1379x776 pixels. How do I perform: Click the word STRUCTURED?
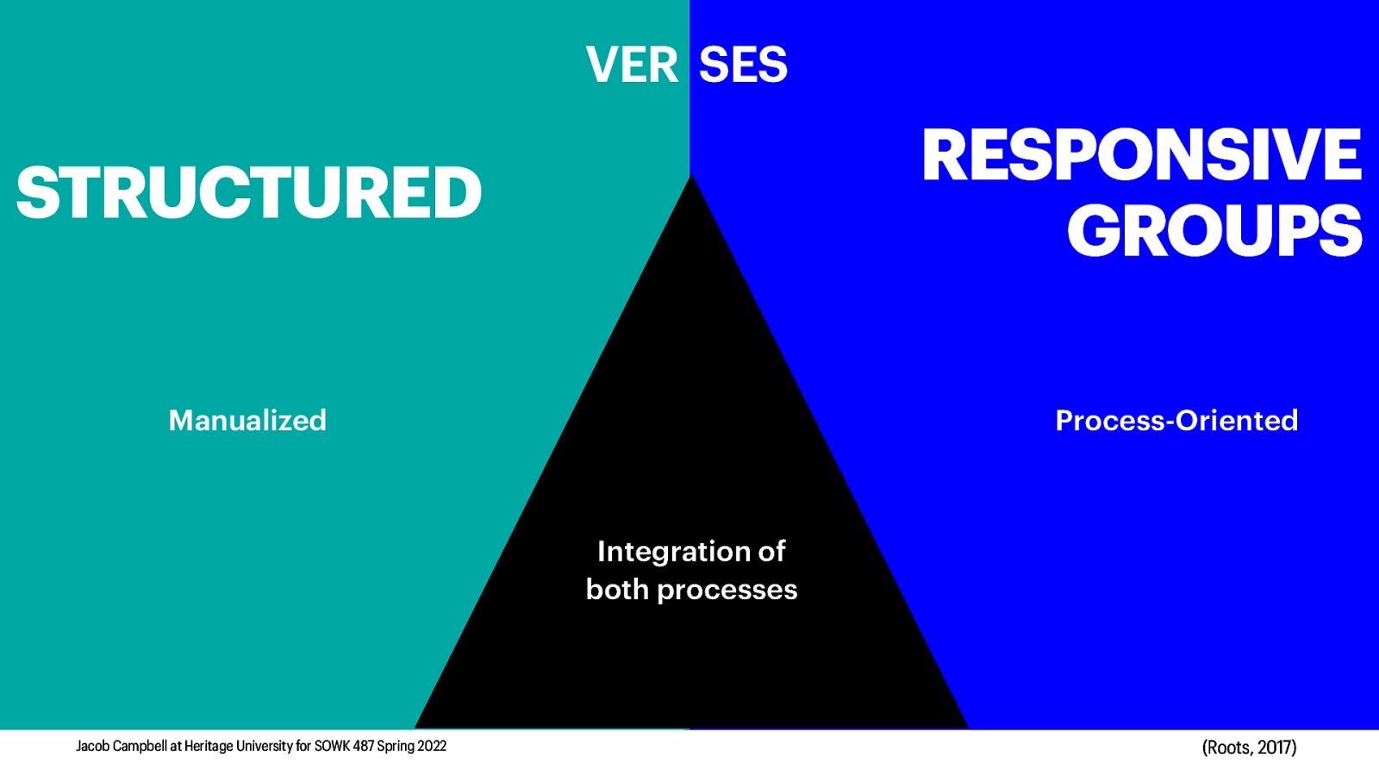[248, 192]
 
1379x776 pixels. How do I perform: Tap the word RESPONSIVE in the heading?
[1141, 155]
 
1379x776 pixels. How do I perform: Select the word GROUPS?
[1214, 231]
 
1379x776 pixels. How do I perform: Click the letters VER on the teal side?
[632, 66]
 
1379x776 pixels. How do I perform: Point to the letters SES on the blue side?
[743, 66]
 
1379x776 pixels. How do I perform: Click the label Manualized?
[247, 421]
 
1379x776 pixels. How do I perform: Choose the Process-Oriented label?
[1176, 421]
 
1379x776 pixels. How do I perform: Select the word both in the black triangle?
[617, 590]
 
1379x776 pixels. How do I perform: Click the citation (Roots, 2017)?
[1249, 748]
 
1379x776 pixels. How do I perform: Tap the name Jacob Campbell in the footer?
[122, 747]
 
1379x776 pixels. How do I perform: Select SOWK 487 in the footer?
[343, 747]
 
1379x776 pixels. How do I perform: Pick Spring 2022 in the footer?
[411, 747]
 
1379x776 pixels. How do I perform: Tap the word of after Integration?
[771, 552]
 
